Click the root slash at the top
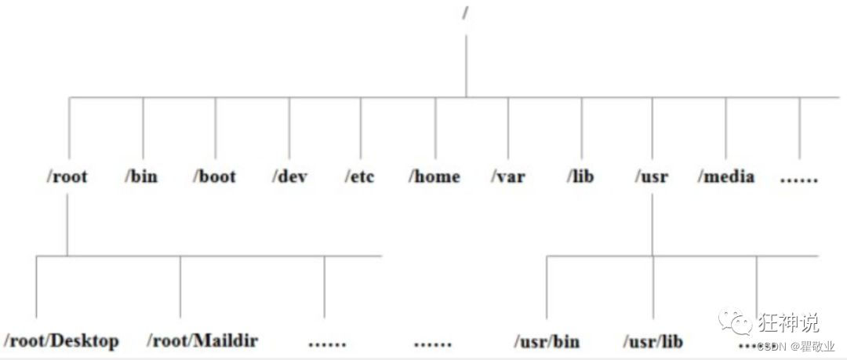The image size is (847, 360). click(x=466, y=14)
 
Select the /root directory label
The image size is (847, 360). click(x=67, y=176)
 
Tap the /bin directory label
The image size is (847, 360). click(x=141, y=176)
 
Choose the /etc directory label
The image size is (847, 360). click(x=360, y=176)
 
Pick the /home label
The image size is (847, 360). click(x=434, y=176)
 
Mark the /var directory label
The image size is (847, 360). click(x=507, y=176)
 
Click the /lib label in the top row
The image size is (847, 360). click(x=580, y=176)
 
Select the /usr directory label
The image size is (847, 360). click(x=652, y=176)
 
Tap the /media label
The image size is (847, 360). click(x=726, y=176)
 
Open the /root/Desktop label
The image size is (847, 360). click(x=61, y=341)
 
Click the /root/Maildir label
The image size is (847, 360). click(x=202, y=341)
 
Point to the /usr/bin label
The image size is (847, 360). click(x=547, y=341)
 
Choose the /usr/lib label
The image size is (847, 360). click(x=653, y=341)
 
